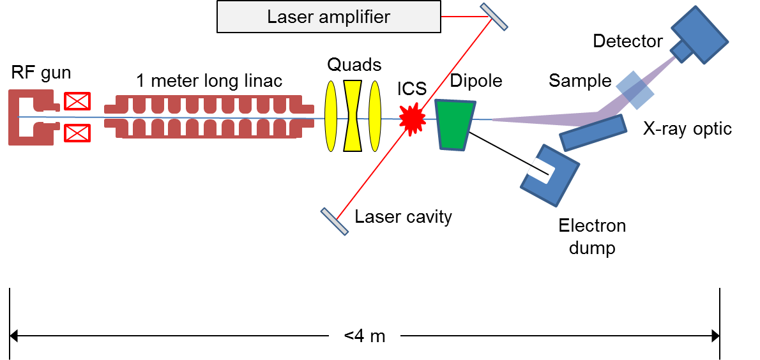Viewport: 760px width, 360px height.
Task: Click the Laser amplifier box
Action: coord(328,17)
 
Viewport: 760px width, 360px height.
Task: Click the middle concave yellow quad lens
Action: coord(353,116)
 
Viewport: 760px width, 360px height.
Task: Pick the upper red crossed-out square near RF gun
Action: coord(77,101)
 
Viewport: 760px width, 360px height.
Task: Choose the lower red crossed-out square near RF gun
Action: coord(77,133)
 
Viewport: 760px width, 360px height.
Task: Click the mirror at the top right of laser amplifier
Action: coord(494,16)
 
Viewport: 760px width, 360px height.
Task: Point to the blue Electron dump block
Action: coord(549,175)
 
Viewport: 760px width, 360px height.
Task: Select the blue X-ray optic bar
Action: coord(592,133)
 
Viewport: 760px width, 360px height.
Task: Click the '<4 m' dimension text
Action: coord(365,336)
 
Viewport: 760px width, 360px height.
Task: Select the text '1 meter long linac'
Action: coord(209,81)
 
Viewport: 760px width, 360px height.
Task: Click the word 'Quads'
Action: coord(354,64)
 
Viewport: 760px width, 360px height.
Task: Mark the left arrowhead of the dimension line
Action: coord(15,335)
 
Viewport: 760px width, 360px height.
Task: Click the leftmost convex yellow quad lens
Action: coord(331,116)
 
